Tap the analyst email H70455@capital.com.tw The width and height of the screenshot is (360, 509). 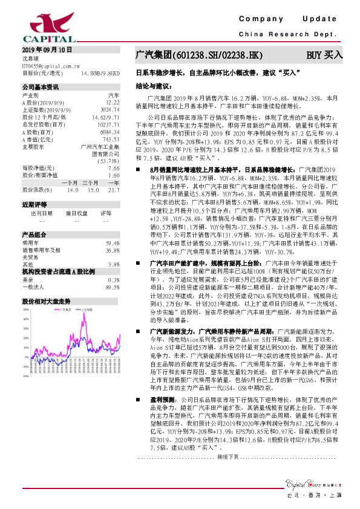click(51, 65)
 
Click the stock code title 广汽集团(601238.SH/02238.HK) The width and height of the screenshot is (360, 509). click(199, 55)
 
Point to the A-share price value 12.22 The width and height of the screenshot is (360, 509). click(112, 103)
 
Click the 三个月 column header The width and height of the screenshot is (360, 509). click(91, 183)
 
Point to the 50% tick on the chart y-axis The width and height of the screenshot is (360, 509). click(26, 309)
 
